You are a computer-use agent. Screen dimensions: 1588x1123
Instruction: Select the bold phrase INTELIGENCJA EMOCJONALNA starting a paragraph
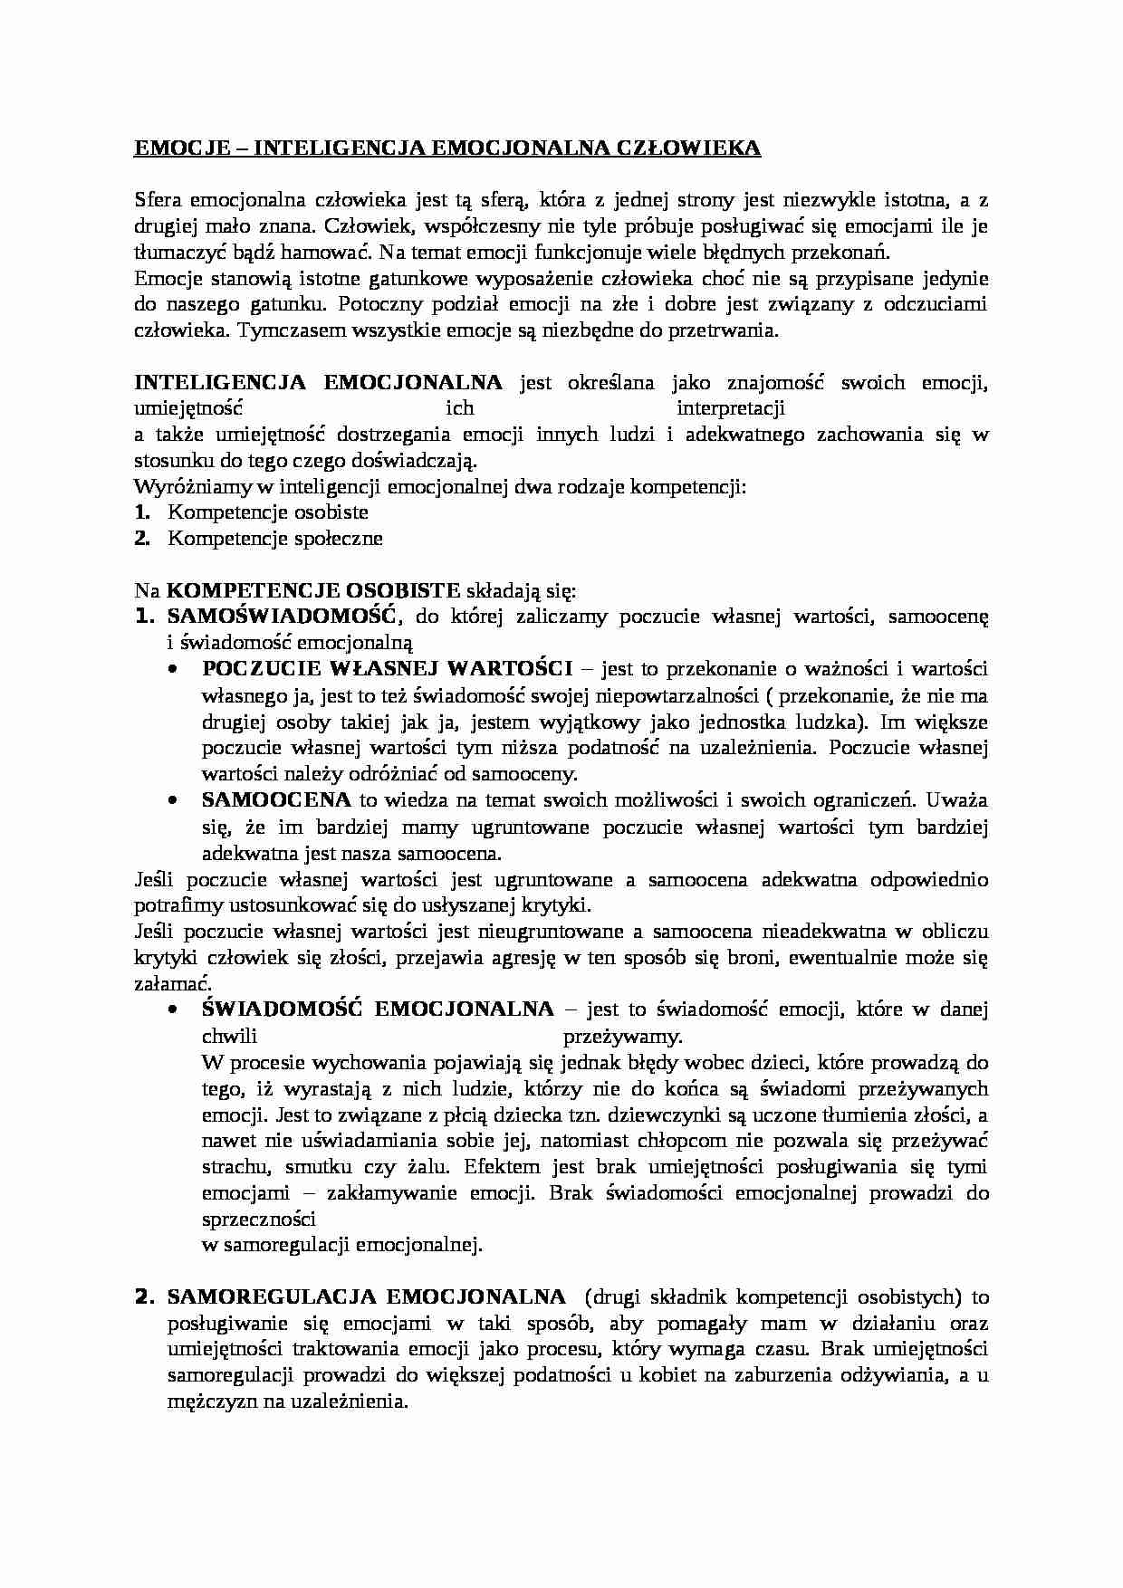click(318, 382)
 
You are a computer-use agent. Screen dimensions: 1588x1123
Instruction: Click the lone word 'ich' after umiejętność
click(459, 408)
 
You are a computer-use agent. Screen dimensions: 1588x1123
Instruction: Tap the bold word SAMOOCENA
click(276, 800)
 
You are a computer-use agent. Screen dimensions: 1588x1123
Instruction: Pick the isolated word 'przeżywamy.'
click(623, 1036)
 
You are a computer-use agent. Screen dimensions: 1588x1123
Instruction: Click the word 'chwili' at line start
click(230, 1036)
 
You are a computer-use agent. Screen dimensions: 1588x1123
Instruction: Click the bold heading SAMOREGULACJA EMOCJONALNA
click(367, 1296)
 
